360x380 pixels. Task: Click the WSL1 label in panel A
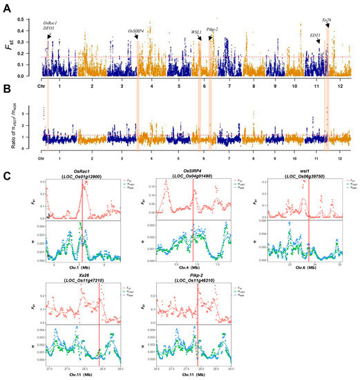[x=196, y=32]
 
